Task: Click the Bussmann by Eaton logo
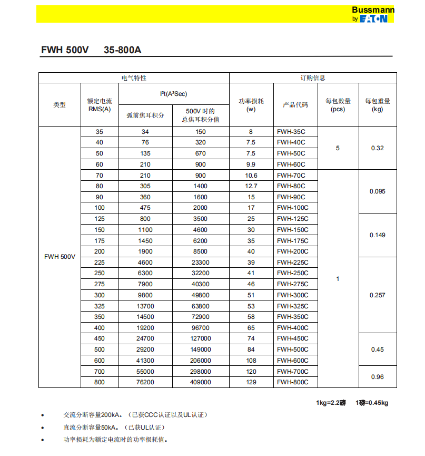pos(369,14)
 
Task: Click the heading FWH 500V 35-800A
pos(91,50)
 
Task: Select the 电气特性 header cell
pos(134,78)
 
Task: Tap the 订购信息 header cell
pos(313,78)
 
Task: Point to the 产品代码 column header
pos(295,104)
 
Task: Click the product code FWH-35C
pos(291,132)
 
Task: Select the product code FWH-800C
pos(292,382)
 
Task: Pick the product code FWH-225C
pos(292,263)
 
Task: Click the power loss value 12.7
pos(251,186)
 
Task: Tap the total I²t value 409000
pos(201,382)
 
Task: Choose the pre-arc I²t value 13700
pos(145,306)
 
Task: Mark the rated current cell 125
pos(100,219)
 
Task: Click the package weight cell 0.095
pos(377,191)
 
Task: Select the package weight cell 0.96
pos(377,377)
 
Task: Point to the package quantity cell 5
pos(338,148)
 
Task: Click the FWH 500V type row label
pos(60,257)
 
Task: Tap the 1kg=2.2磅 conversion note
pos(332,403)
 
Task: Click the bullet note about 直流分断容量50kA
pos(114,427)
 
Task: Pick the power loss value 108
pos(251,361)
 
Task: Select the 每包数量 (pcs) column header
pos(338,104)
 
